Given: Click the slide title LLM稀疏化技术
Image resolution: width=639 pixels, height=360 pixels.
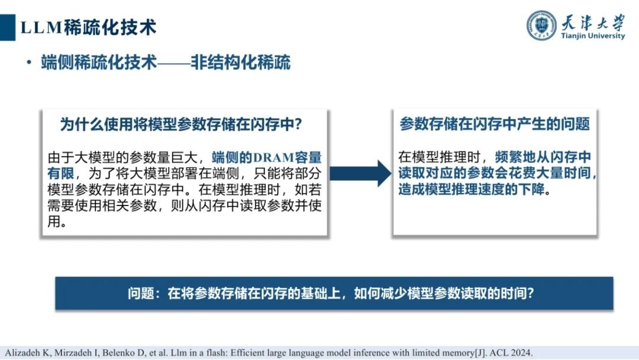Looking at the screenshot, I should pos(89,27).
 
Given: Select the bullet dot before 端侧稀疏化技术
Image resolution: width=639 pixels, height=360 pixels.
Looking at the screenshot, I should pos(28,63).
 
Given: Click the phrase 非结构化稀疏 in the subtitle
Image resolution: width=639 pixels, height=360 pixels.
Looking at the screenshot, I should pos(240,63).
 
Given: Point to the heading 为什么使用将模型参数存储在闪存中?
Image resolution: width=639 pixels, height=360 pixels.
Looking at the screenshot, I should pos(182,125).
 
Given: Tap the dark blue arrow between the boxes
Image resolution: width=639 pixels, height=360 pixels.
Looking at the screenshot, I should pos(360,173).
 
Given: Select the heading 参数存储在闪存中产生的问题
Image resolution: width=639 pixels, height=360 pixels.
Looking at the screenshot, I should pos(494,124).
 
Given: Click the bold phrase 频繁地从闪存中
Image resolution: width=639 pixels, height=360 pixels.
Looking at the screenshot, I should pos(543,157).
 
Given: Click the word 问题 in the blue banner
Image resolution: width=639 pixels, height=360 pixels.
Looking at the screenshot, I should pos(140,293).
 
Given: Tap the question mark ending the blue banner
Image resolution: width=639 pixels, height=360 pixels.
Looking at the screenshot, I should pos(530,293).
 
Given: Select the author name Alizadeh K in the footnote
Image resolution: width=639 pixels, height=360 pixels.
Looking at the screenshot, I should pos(22,351).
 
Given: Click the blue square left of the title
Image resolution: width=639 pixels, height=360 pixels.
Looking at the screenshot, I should pos(7,27).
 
